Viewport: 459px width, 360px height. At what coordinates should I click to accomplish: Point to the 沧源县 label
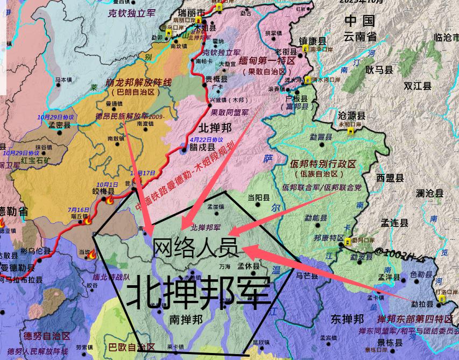coord(351,115)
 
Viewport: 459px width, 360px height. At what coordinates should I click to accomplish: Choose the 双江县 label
coord(418,86)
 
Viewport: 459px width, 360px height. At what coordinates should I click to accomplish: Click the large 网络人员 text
coord(195,247)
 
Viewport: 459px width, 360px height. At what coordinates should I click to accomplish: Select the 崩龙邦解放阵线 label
coord(138,82)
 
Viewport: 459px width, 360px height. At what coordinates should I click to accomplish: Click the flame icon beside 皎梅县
coord(110,200)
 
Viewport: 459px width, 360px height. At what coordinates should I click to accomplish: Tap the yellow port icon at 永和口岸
coord(350,131)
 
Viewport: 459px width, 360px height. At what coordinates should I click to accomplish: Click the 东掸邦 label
coord(344,318)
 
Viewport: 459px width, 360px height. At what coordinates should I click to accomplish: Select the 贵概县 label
coord(216,79)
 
